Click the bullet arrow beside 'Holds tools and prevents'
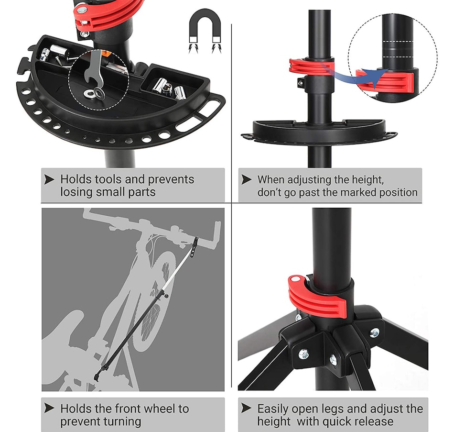click(x=49, y=180)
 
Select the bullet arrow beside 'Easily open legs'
click(x=246, y=408)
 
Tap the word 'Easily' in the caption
click(x=273, y=409)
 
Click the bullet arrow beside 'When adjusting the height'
click(x=246, y=180)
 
